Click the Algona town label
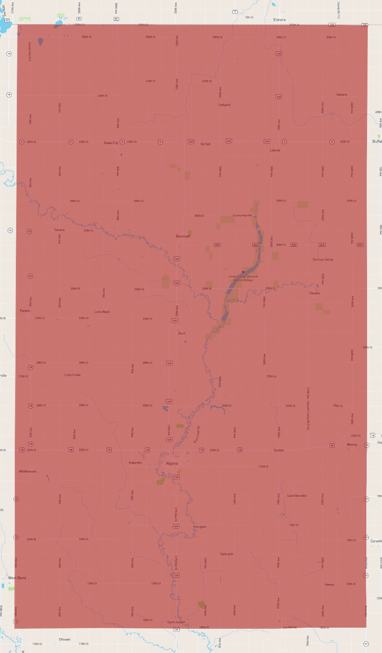(x=172, y=463)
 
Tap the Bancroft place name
(x=183, y=236)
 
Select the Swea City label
(x=111, y=143)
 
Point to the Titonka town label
(x=314, y=293)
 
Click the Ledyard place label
(x=224, y=105)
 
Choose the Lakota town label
(x=275, y=150)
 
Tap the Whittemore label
(x=28, y=471)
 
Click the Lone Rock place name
(x=102, y=312)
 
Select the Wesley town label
(x=352, y=445)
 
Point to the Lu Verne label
(x=290, y=627)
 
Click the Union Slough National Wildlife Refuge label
(x=243, y=278)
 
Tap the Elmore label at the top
(x=279, y=20)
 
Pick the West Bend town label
(x=17, y=578)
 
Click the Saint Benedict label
(x=297, y=496)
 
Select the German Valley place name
(x=323, y=259)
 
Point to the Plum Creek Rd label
(x=197, y=435)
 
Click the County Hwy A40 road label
(x=242, y=215)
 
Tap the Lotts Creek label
(x=73, y=375)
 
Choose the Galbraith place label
(x=227, y=554)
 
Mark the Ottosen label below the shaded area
(x=65, y=639)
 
